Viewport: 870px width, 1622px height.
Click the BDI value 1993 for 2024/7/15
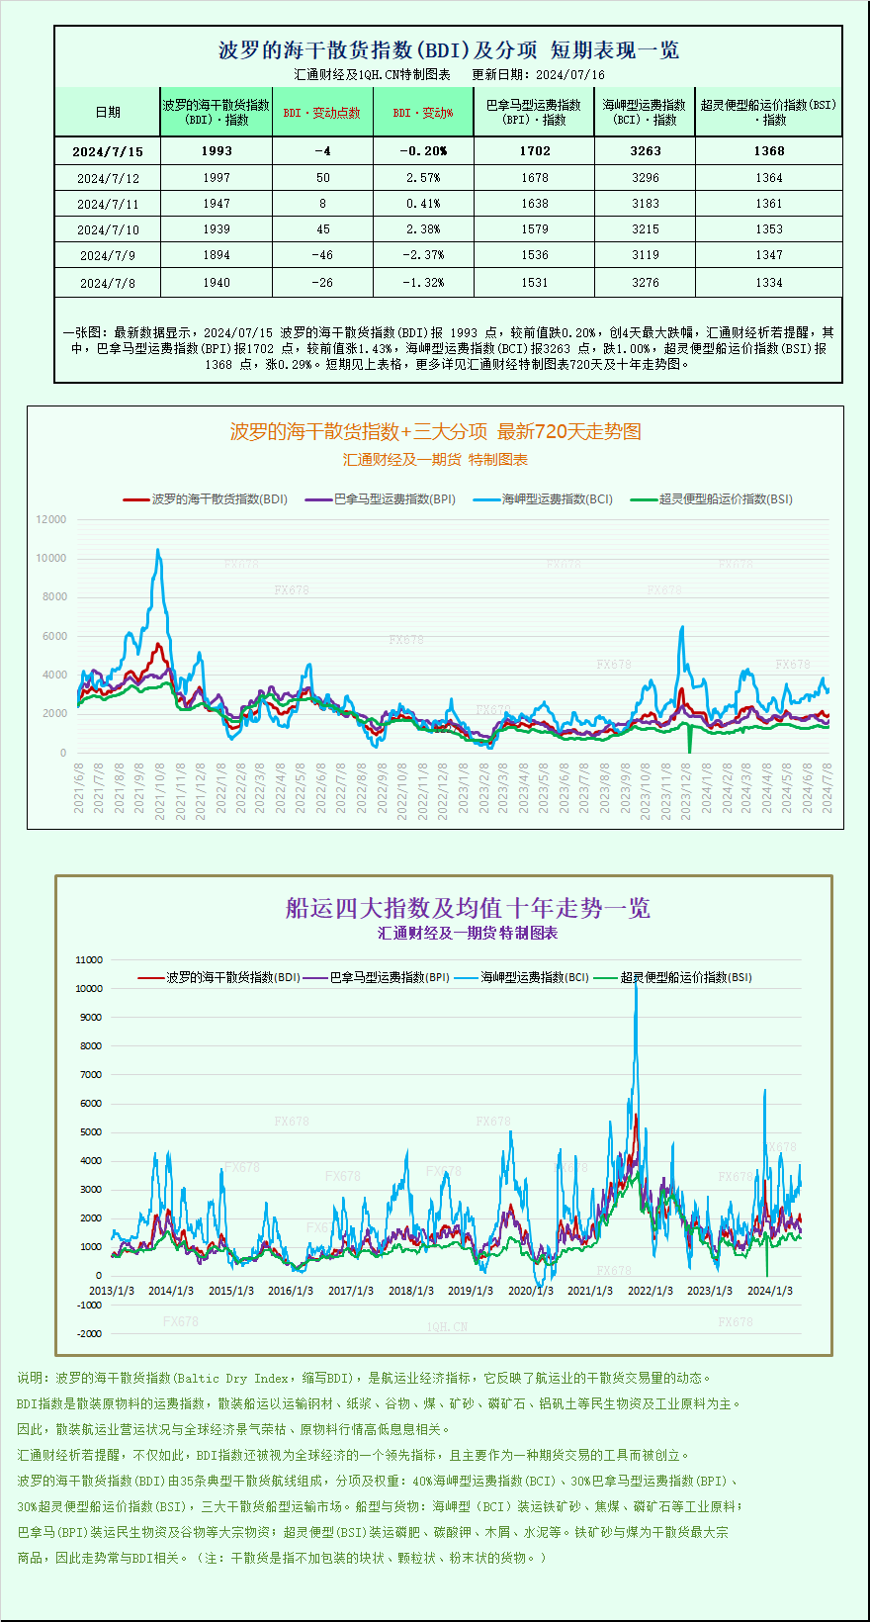217,151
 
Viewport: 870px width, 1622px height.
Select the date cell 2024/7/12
108,178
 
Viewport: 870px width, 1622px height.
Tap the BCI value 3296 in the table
645,178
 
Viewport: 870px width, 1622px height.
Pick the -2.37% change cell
423,255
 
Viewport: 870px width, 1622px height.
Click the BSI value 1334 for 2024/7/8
768,283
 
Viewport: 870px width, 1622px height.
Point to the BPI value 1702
534,151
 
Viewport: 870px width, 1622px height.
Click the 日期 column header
108,112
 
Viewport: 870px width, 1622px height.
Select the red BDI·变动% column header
423,113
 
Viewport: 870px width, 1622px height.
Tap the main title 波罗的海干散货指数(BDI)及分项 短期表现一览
448,50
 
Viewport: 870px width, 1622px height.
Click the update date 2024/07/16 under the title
570,75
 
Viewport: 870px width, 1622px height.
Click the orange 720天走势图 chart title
435,431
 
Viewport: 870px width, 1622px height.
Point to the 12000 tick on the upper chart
51,519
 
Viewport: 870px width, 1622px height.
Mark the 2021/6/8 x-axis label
79,787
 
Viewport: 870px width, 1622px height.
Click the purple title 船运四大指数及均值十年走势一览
468,908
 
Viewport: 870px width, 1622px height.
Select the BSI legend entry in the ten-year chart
685,977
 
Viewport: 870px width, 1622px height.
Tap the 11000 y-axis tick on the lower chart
89,960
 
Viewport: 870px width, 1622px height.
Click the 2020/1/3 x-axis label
530,1291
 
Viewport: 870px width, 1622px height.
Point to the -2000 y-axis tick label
89,1334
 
